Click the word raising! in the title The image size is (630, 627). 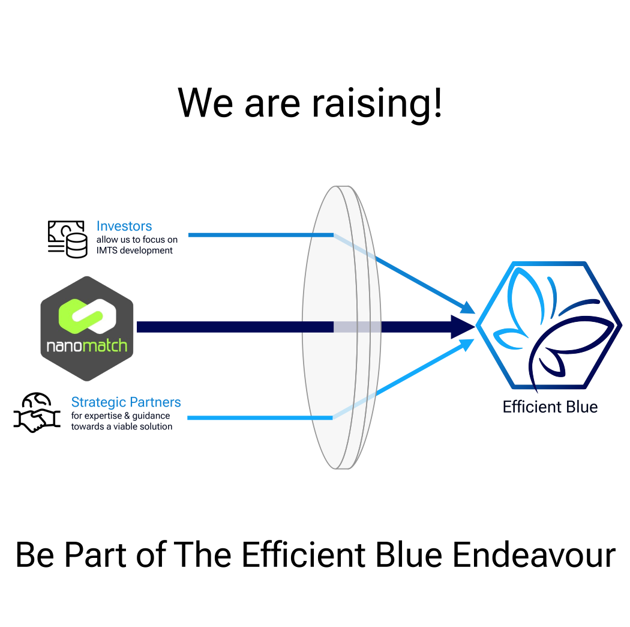(377, 103)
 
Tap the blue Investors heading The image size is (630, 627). (124, 226)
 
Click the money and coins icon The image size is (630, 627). (67, 239)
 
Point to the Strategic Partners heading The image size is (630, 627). (126, 402)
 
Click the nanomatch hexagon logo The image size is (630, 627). (87, 328)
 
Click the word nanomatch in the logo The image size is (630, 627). (87, 347)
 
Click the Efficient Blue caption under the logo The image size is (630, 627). (550, 407)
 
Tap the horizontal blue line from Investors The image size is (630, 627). (260, 235)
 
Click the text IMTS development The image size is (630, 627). (134, 250)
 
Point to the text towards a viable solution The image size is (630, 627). (122, 426)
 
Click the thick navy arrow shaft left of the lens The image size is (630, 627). (234, 327)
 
